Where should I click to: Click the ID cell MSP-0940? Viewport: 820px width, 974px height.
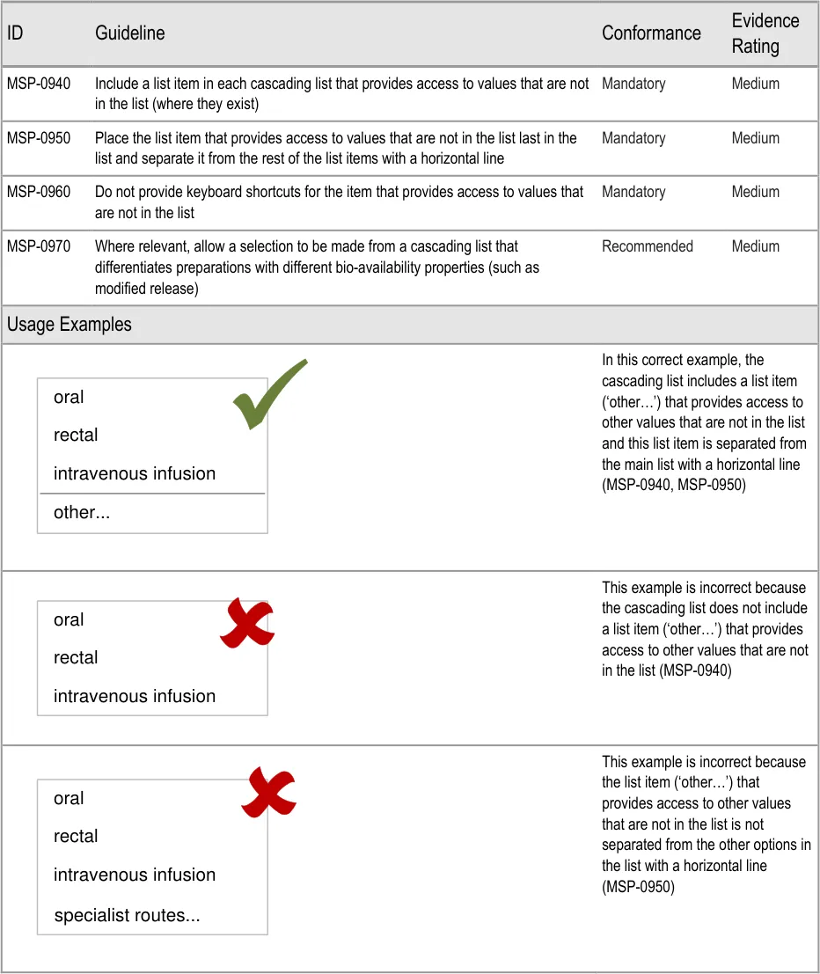coord(39,84)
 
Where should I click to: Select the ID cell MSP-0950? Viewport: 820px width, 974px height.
coord(39,138)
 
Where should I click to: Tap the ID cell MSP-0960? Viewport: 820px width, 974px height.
coord(39,192)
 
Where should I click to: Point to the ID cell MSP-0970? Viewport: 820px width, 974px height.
coord(39,246)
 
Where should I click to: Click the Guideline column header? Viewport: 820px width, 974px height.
coord(129,33)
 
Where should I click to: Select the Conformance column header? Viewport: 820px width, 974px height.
coord(651,33)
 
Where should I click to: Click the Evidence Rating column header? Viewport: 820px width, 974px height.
coord(765,33)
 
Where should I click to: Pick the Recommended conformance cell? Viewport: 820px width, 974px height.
coord(647,246)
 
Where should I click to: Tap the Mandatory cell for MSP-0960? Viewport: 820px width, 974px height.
coord(633,192)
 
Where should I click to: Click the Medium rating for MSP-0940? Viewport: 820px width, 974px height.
coord(755,84)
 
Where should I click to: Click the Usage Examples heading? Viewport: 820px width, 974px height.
coord(70,325)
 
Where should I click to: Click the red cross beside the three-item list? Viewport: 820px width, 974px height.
coord(246,622)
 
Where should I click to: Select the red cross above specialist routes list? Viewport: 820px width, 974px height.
coord(268,793)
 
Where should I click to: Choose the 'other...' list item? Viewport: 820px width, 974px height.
coord(82,512)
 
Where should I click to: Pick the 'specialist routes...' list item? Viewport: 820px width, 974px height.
coord(127,916)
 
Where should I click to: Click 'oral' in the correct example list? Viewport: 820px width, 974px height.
coord(69,397)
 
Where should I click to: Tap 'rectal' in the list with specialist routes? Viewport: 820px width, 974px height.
coord(76,836)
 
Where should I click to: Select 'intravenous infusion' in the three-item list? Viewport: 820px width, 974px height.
coord(134,696)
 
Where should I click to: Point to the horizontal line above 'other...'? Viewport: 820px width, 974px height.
coord(152,494)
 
